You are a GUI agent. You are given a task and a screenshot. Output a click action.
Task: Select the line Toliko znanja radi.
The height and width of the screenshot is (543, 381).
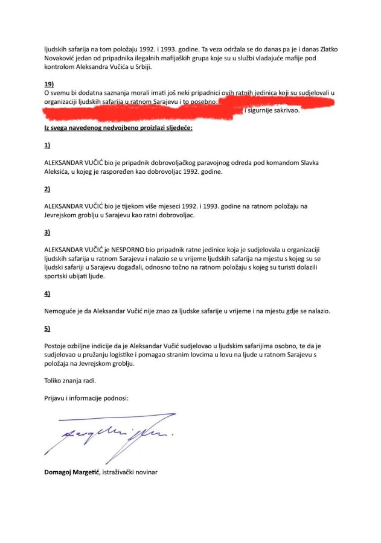70,381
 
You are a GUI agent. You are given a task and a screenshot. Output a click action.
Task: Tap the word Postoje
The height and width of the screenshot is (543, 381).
58,346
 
